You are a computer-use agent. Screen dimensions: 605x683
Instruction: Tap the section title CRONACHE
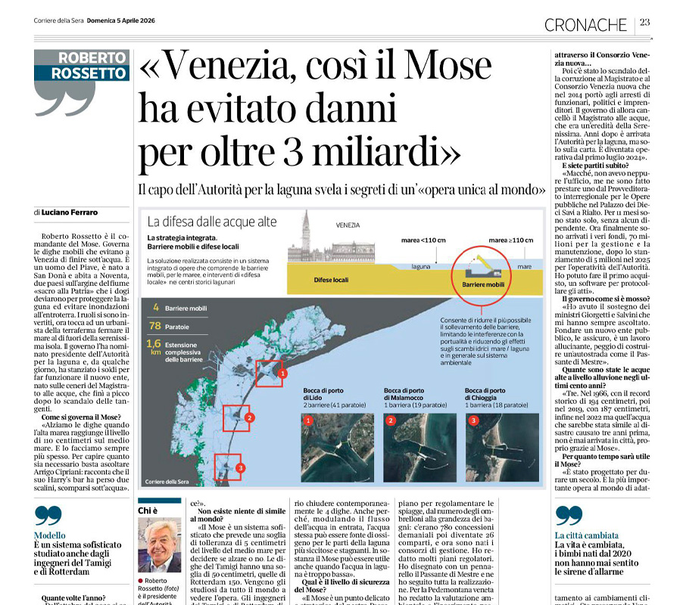(585, 24)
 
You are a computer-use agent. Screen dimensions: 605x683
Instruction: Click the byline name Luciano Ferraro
(70, 213)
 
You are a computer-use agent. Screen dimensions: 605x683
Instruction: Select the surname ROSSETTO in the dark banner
(88, 73)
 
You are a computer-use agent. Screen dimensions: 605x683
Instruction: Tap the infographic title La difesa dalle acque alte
(211, 222)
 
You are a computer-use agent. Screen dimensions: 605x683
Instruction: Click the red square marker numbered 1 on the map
(269, 373)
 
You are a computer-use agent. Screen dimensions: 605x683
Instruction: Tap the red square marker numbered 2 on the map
(236, 417)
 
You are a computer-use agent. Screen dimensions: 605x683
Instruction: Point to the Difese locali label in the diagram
(331, 280)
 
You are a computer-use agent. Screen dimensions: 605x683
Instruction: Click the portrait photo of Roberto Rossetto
(159, 544)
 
